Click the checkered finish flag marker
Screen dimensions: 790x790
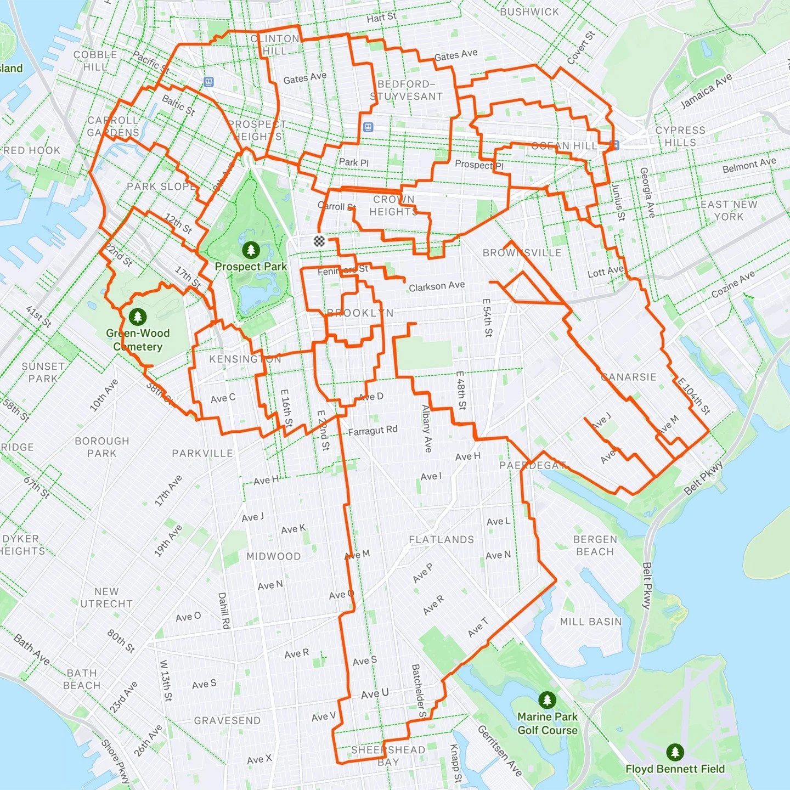coord(319,240)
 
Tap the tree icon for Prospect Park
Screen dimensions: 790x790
coord(251,250)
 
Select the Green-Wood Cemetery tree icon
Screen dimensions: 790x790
coord(137,317)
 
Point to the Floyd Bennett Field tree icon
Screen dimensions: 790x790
coord(675,752)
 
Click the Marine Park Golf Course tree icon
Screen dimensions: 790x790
coord(547,699)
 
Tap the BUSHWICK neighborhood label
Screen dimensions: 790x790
coord(529,12)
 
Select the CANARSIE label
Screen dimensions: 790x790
coord(629,377)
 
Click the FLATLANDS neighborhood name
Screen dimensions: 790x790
coord(441,539)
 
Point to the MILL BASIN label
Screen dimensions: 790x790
coord(591,622)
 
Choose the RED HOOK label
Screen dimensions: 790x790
coord(32,150)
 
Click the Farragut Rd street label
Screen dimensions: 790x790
coord(373,431)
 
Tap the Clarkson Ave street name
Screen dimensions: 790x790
coord(437,286)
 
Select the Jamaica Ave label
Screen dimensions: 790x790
coord(706,91)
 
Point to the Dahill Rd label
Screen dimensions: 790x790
coord(223,610)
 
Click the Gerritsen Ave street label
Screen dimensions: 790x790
coord(499,751)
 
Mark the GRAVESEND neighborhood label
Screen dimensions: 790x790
coord(227,720)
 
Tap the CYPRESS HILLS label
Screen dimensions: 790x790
coord(680,136)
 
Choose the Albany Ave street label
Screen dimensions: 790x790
coord(426,428)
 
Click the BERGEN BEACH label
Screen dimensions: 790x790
coord(595,545)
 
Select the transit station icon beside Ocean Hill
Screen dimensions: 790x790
coord(614,145)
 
